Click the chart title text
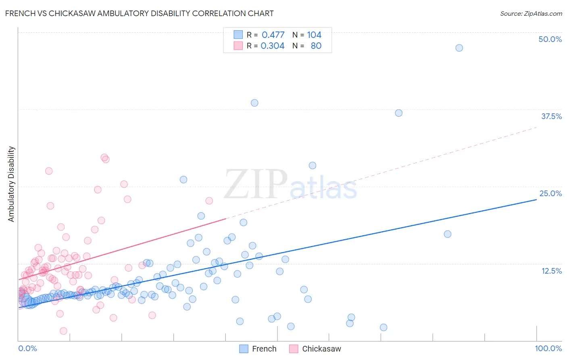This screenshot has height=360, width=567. click(140, 13)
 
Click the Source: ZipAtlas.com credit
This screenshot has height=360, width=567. click(531, 13)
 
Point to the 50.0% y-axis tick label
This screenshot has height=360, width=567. click(550, 39)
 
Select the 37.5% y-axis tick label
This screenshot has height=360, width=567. click(551, 116)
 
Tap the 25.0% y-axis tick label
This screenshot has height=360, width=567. click(550, 193)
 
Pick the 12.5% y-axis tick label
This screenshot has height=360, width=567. click(551, 271)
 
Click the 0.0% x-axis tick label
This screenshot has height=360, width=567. click(27, 348)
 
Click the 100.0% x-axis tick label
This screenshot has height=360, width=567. click(548, 348)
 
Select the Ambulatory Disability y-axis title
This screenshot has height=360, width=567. click(11, 184)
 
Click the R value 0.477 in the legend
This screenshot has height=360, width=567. click(273, 35)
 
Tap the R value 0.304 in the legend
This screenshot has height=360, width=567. click(273, 46)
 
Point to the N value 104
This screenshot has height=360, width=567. click(314, 35)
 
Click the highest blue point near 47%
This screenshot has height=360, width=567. click(459, 48)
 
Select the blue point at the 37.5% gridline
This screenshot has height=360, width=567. click(398, 113)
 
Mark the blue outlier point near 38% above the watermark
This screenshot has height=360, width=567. click(254, 103)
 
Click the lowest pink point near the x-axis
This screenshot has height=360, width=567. click(63, 331)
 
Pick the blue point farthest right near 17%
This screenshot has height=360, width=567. click(447, 234)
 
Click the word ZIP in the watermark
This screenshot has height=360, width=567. click(256, 184)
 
